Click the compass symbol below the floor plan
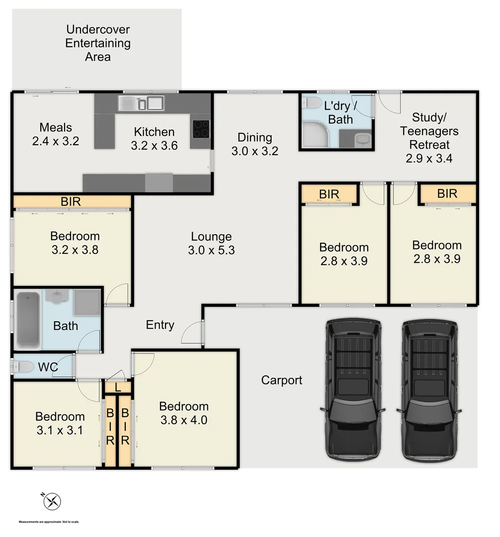[52, 501]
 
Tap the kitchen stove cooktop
[201, 128]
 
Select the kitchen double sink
[141, 103]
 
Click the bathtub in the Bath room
[28, 320]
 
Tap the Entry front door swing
[193, 333]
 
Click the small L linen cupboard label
[117, 387]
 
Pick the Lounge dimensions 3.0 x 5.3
[211, 251]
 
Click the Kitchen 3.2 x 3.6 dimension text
[154, 146]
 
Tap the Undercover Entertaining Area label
[98, 43]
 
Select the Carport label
[281, 380]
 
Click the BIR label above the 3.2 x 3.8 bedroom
[70, 202]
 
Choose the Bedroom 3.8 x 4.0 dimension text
[184, 420]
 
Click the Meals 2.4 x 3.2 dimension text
[55, 141]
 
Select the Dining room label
[254, 137]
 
